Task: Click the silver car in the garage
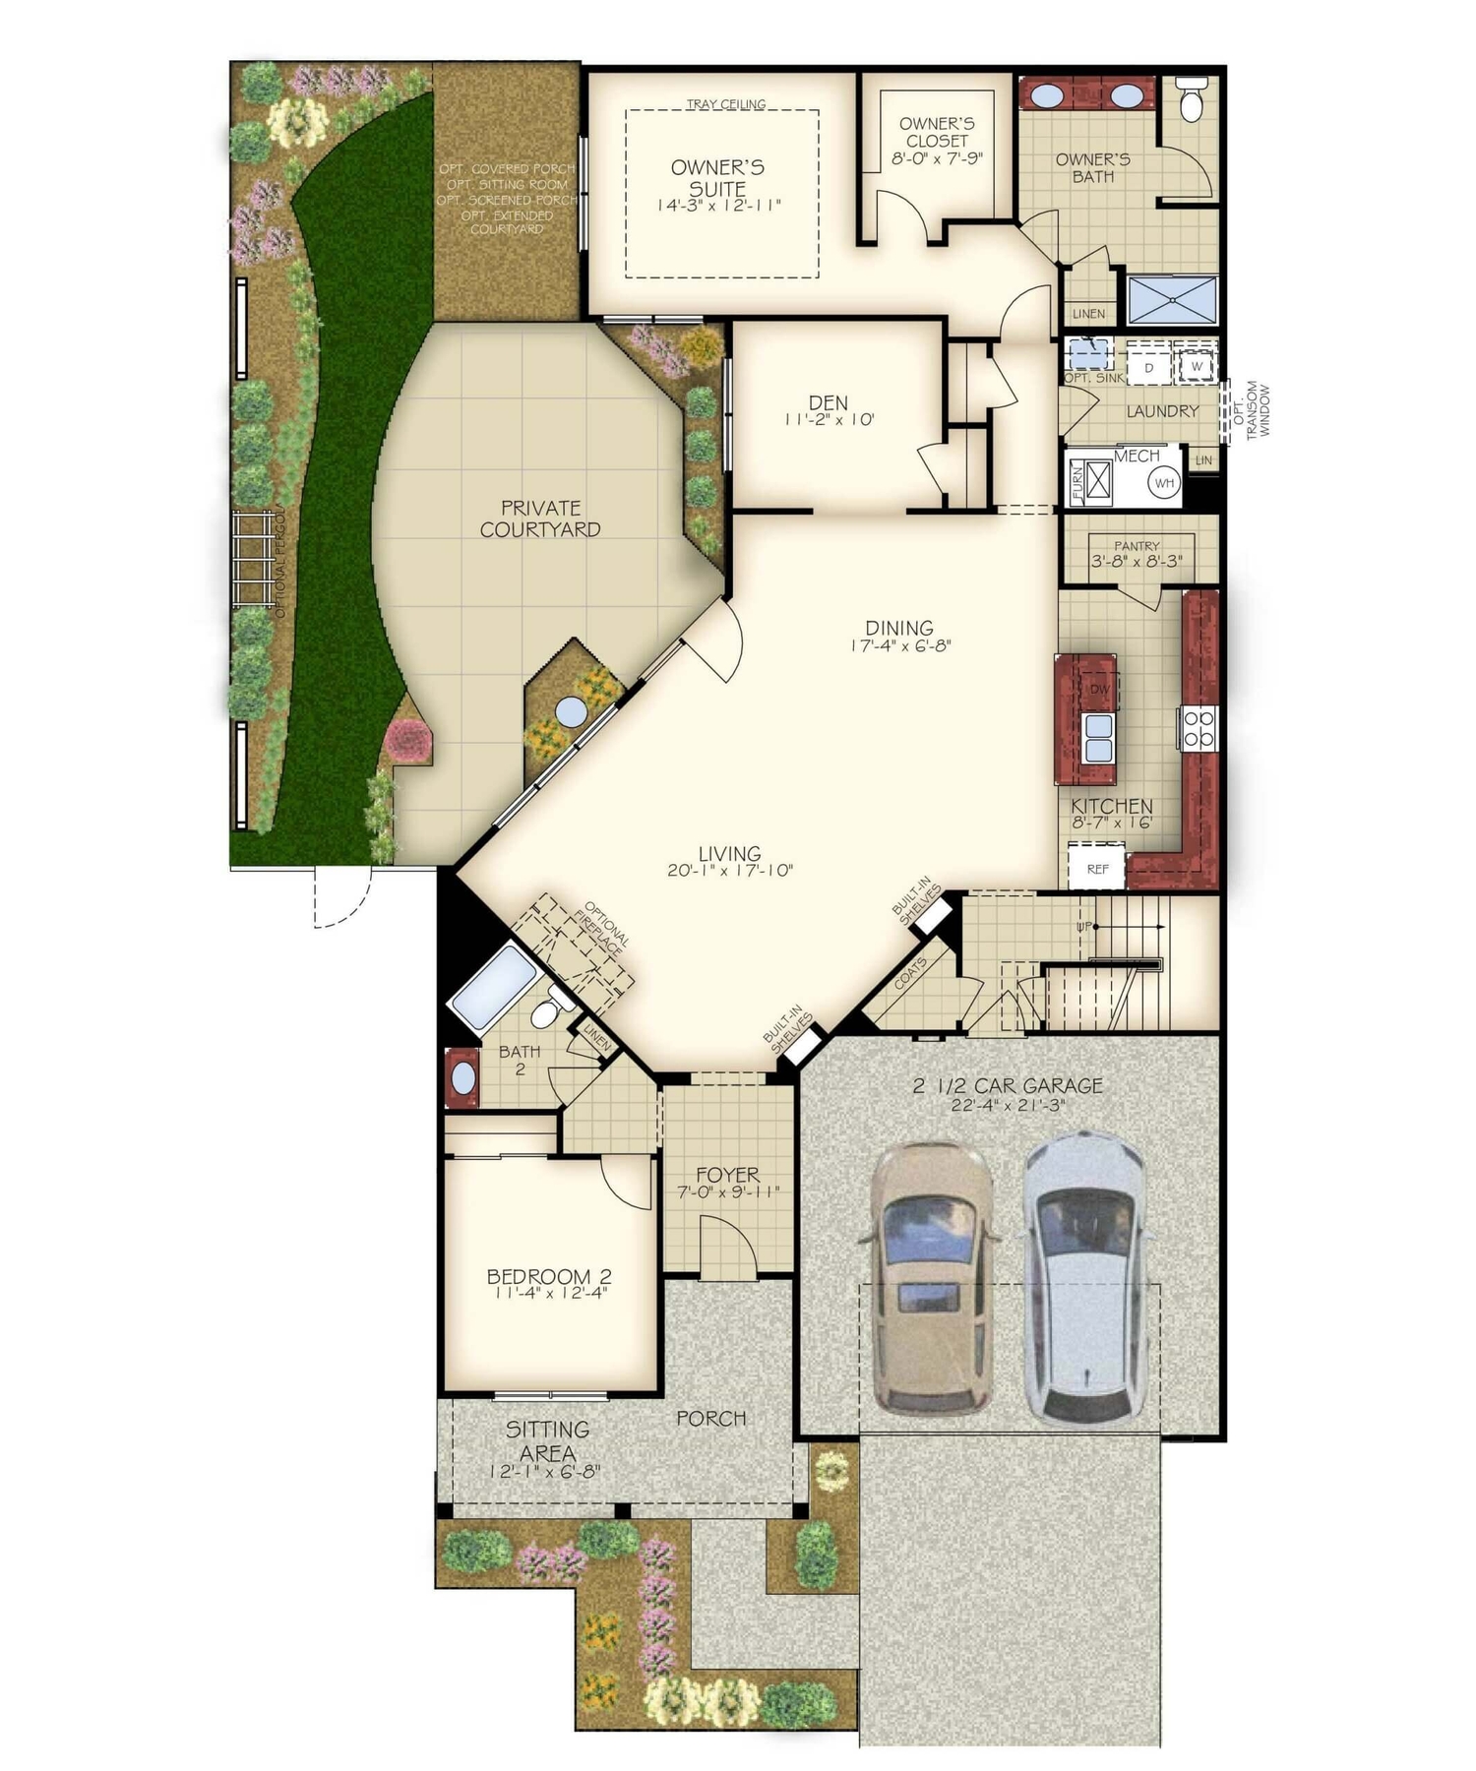[x=1086, y=1279]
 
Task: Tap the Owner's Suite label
[x=717, y=178]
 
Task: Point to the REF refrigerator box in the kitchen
[x=1097, y=869]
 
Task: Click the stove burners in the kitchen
[x=1199, y=728]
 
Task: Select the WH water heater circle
[x=1165, y=483]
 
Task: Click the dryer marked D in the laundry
[x=1148, y=367]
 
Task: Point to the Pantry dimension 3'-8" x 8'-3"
[x=1137, y=562]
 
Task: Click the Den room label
[x=829, y=402]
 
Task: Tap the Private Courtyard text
[x=540, y=519]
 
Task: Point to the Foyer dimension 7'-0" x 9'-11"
[x=728, y=1191]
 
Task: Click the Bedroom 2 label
[x=548, y=1276]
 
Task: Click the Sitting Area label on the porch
[x=547, y=1440]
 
